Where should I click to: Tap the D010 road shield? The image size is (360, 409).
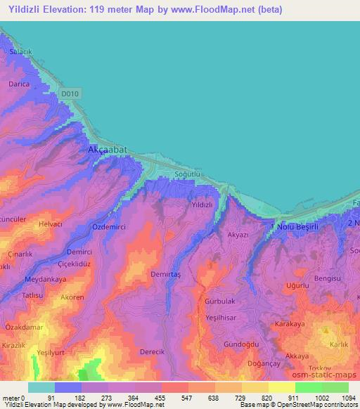tap(69, 92)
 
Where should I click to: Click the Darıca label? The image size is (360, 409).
tap(18, 84)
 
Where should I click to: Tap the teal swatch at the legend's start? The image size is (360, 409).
tap(41, 387)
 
